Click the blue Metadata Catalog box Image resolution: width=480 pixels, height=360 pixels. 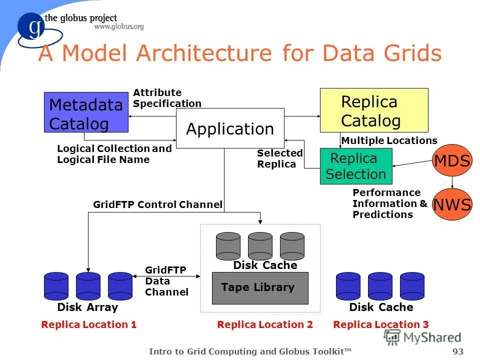click(x=86, y=112)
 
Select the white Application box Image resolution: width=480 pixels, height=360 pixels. click(x=230, y=128)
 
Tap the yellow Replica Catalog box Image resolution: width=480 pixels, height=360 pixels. click(x=373, y=110)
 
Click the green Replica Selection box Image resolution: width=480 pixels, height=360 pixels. click(x=355, y=166)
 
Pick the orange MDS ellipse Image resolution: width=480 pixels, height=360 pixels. click(x=451, y=161)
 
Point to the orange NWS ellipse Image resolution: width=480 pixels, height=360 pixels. click(x=451, y=204)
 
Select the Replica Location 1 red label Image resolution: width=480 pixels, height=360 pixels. click(x=89, y=324)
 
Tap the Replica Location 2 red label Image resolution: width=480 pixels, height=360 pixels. click(x=265, y=324)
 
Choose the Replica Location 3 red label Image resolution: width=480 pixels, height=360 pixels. click(x=380, y=324)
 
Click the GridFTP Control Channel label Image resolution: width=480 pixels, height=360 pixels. click(x=157, y=204)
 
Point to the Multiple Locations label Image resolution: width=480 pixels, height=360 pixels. click(x=389, y=140)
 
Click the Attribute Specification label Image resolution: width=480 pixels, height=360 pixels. click(x=167, y=98)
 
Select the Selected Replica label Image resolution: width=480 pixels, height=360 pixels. click(x=279, y=158)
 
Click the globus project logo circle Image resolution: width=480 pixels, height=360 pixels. click(x=34, y=28)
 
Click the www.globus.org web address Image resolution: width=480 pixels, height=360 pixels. click(x=119, y=27)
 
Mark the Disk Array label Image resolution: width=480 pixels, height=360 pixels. click(x=87, y=307)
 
